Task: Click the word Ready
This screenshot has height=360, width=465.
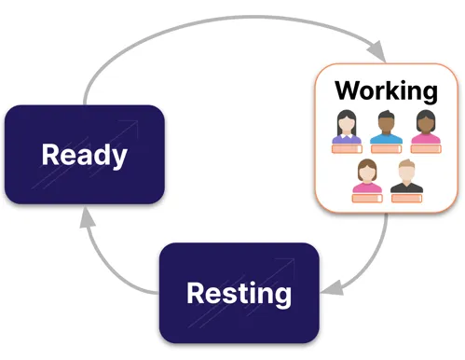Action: (85, 155)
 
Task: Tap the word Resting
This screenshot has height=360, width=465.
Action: (239, 294)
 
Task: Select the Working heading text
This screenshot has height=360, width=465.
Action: (386, 90)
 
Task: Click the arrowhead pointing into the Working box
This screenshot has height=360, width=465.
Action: (376, 50)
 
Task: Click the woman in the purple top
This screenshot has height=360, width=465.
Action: (347, 127)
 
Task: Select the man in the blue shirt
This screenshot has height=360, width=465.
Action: (386, 127)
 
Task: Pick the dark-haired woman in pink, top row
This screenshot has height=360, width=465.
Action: (426, 127)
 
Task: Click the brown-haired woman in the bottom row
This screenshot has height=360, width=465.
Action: (367, 176)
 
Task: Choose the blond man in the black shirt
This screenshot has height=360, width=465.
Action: (406, 176)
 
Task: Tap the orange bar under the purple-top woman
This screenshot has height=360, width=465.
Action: (347, 149)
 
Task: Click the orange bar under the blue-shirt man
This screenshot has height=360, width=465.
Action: (386, 149)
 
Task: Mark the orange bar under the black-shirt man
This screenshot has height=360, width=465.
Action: (406, 199)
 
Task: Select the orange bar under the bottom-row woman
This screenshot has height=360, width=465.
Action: (367, 199)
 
